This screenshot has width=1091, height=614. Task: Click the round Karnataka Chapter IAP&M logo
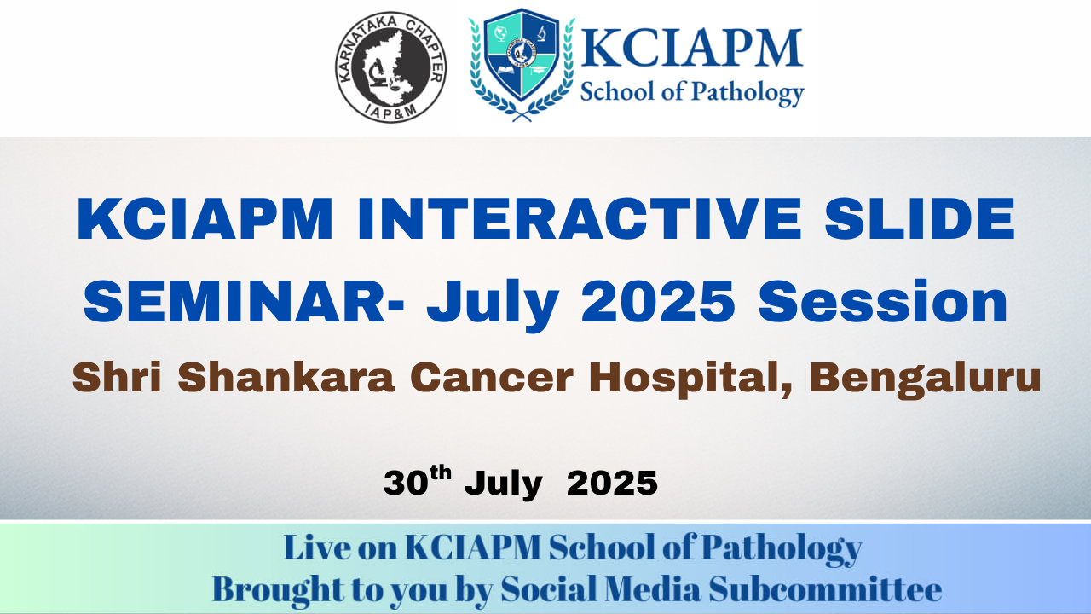coord(390,67)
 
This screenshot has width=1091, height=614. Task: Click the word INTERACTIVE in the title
coord(580,219)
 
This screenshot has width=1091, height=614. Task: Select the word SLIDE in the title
coord(920,219)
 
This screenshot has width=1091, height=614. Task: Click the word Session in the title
coord(882,302)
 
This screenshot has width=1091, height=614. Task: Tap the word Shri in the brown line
coord(117,377)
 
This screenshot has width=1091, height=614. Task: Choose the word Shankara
coord(286,377)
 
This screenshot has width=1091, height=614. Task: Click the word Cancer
coord(492,378)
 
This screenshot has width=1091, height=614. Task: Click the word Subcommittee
coord(825,589)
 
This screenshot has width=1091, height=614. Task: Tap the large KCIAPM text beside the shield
coord(691,48)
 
